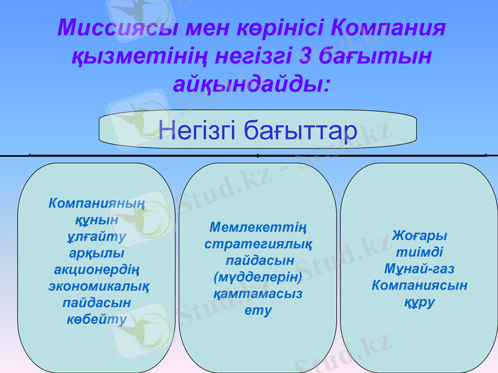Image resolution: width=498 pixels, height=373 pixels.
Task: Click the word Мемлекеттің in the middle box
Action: coord(258,228)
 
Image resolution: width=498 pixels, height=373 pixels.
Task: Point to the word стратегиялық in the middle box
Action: coord(258,244)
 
